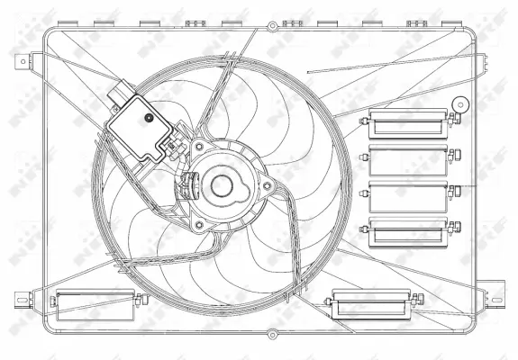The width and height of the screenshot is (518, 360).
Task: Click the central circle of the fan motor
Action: [x=221, y=187]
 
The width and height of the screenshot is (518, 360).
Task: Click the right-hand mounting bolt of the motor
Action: [x=267, y=185]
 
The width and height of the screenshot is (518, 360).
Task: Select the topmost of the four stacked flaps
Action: [x=408, y=121]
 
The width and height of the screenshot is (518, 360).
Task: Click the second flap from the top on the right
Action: [x=408, y=159]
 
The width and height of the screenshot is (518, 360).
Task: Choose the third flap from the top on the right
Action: [x=408, y=196]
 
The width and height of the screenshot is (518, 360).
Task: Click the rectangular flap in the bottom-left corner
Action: [x=94, y=304]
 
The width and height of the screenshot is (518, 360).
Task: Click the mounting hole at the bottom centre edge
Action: [x=272, y=335]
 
